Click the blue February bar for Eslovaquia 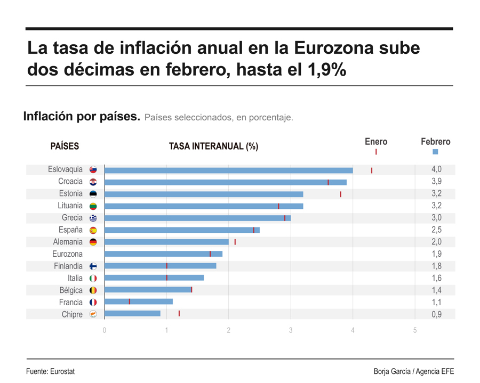(228, 170)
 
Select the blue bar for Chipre (132, 314)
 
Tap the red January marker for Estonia (340, 194)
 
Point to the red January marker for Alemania (235, 242)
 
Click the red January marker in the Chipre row (179, 314)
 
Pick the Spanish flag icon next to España (93, 230)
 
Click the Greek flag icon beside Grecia (93, 218)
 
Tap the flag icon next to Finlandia (93, 266)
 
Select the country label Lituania (70, 206)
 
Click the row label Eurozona (67, 254)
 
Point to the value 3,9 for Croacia (436, 182)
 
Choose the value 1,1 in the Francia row (436, 302)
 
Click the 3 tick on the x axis (291, 330)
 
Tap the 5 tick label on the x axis (415, 330)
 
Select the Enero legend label (375, 142)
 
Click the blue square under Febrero (435, 152)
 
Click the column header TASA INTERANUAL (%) (213, 146)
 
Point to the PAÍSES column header (65, 146)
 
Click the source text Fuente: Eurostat (50, 371)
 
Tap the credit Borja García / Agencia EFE (413, 371)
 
